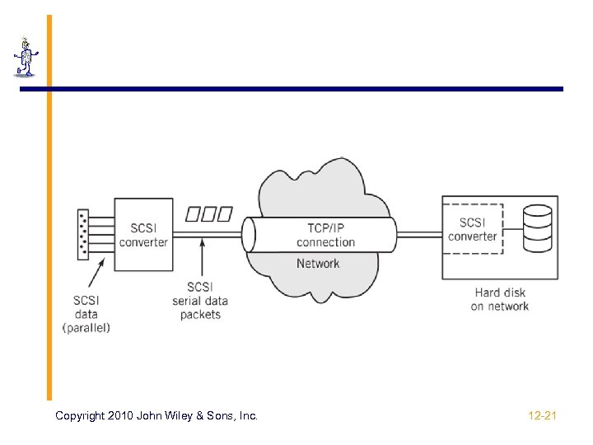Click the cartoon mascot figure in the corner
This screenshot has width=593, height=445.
click(26, 57)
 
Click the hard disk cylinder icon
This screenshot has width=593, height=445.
click(537, 228)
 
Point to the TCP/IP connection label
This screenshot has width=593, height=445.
click(325, 235)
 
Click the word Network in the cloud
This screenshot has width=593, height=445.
click(318, 264)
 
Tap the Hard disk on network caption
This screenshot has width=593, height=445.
click(500, 299)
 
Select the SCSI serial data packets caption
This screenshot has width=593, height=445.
click(200, 301)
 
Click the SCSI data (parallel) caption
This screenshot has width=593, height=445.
click(86, 314)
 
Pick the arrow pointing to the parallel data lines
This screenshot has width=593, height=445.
click(96, 273)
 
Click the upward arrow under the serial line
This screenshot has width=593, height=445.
click(203, 257)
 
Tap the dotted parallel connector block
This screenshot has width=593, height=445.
click(83, 235)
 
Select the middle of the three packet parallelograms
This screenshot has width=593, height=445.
click(209, 214)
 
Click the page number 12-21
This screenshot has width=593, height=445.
click(542, 416)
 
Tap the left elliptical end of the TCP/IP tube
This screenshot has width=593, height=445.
click(249, 235)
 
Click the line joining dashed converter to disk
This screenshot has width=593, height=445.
click(513, 229)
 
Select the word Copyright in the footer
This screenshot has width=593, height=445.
click(80, 416)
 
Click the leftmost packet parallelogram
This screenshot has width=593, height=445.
click(193, 214)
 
